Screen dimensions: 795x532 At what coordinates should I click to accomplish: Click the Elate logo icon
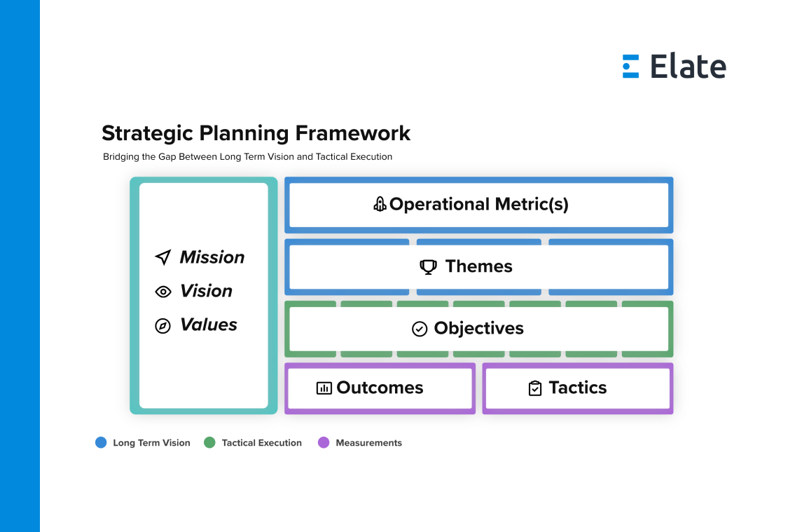click(x=630, y=67)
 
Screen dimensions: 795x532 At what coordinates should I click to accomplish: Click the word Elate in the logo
click(x=688, y=67)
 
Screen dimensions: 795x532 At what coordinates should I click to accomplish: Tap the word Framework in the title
click(x=353, y=133)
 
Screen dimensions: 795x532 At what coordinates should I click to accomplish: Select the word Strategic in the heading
click(x=148, y=134)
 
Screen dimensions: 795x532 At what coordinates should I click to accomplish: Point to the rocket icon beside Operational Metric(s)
click(x=380, y=204)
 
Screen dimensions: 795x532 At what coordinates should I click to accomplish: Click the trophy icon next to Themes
click(x=429, y=267)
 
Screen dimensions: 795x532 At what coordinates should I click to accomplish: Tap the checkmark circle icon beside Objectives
click(x=420, y=329)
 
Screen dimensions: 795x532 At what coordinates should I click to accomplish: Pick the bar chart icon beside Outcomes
click(x=324, y=388)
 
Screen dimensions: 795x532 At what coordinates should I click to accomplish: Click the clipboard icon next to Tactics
click(x=535, y=388)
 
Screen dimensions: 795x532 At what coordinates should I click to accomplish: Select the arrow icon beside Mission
click(x=163, y=257)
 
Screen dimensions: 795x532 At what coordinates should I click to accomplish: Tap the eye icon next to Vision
click(x=163, y=292)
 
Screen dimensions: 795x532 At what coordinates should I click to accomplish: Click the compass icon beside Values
click(x=163, y=326)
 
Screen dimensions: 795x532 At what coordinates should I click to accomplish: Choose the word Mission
click(x=212, y=257)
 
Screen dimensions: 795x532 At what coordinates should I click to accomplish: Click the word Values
click(x=209, y=325)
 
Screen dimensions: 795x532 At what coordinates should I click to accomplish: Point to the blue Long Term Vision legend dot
click(x=101, y=443)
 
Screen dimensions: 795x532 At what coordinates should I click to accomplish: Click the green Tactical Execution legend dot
click(x=209, y=443)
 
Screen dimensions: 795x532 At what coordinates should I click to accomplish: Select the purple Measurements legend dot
click(x=324, y=443)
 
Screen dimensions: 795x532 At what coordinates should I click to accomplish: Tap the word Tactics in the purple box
click(x=578, y=388)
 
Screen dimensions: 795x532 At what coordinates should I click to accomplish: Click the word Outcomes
click(x=380, y=388)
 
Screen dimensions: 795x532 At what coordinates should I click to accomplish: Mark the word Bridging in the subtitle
click(x=122, y=157)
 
